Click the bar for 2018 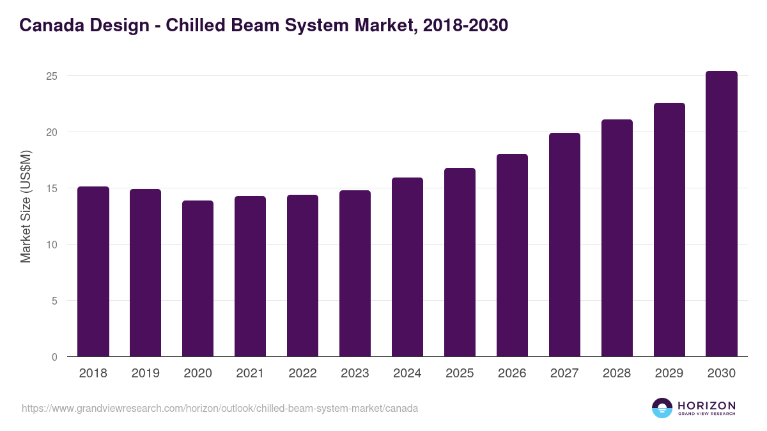[93, 271]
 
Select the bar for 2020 [198, 278]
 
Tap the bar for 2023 [355, 273]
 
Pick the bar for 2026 [513, 255]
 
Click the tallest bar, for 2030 [722, 214]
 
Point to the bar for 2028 [617, 238]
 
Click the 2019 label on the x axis [146, 374]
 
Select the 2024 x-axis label [408, 374]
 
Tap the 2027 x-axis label [565, 374]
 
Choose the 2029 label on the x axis [669, 374]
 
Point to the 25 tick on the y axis [52, 76]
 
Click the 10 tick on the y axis [52, 245]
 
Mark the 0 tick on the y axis [55, 357]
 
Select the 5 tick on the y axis [55, 301]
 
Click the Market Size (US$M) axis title [26, 207]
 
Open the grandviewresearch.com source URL [220, 408]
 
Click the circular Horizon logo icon [662, 408]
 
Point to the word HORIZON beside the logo [706, 405]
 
